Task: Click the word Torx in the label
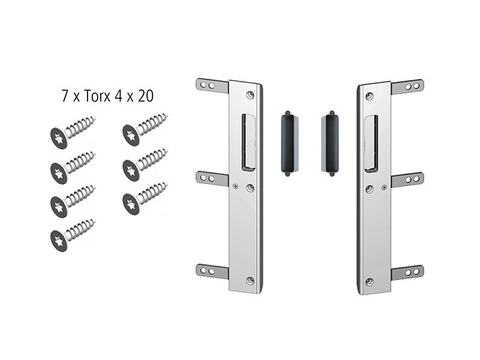pos(97,96)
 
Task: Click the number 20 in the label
pos(145,96)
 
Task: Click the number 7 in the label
pos(65,96)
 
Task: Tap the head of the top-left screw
pos(59,139)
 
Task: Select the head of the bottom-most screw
pos(59,241)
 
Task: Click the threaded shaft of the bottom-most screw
pos(81,228)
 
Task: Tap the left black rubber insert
pos(288,143)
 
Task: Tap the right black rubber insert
pos(332,143)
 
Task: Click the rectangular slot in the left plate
pos(248,142)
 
